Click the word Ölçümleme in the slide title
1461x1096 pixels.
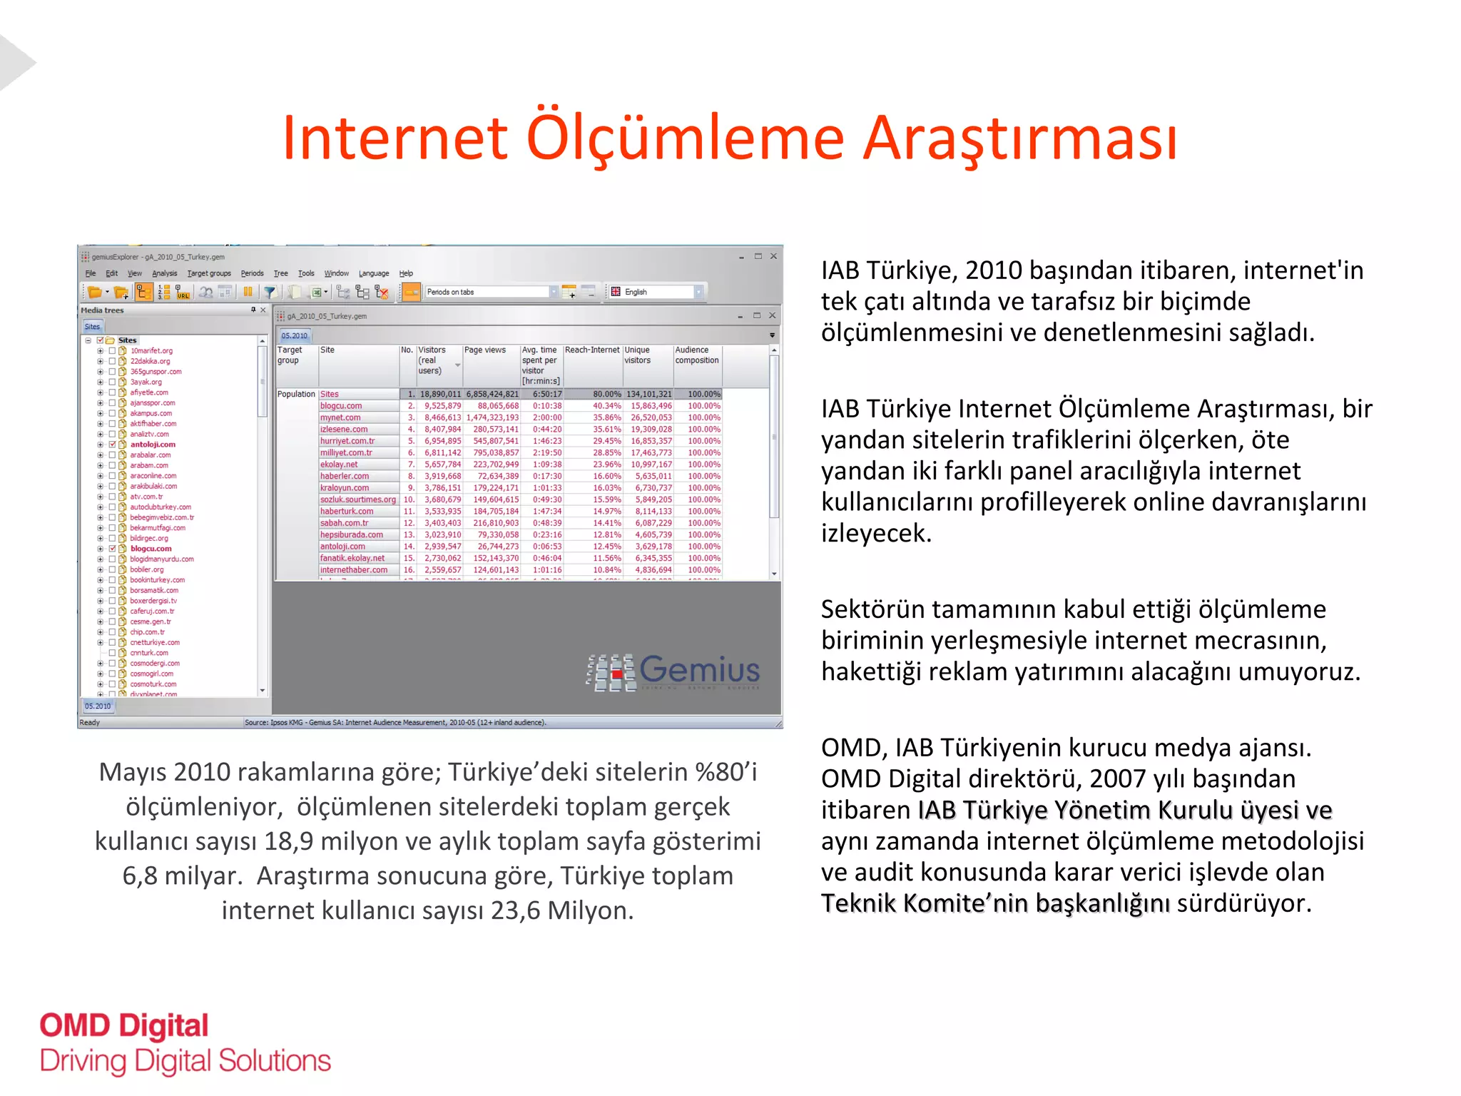click(685, 138)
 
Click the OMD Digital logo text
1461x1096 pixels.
click(124, 1026)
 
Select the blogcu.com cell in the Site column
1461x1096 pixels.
click(341, 406)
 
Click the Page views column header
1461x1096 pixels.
click(485, 350)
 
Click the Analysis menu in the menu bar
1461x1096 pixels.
click(164, 273)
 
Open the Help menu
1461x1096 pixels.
click(406, 273)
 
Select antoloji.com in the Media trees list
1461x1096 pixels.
click(153, 445)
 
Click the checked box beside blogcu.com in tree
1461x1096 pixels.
click(112, 549)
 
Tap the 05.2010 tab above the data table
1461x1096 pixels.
click(294, 335)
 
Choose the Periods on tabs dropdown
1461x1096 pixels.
click(491, 292)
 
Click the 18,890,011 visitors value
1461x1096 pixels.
click(440, 394)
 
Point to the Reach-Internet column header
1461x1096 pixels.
click(592, 350)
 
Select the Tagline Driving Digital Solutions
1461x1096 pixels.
click(185, 1061)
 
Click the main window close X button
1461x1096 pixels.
click(773, 256)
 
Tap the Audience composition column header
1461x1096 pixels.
click(696, 355)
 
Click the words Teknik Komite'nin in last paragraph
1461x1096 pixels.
click(925, 903)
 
